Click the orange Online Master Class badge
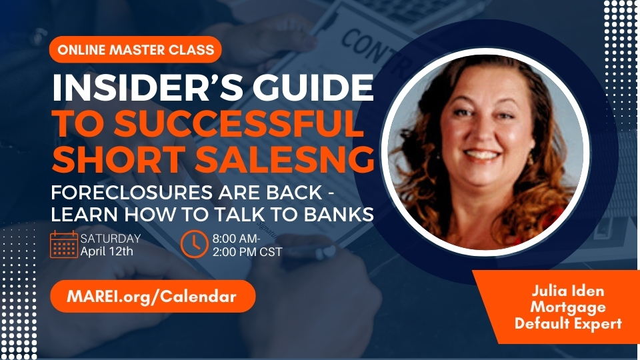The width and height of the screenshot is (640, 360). coord(135,50)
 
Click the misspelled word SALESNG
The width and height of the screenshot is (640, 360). coord(285,159)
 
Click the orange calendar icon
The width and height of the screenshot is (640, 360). coord(64,244)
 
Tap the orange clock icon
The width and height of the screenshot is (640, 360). coord(194,244)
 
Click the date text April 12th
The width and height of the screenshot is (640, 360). coord(107,251)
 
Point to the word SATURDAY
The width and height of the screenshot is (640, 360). coord(110,238)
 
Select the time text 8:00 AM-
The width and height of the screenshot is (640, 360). coord(236,239)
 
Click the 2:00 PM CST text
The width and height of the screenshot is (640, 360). coord(247,252)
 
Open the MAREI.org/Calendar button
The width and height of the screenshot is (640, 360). coord(153,296)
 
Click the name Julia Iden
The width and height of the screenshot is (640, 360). coord(568,291)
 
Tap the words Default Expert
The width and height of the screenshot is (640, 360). coord(568,323)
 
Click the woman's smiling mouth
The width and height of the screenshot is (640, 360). coord(483,155)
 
